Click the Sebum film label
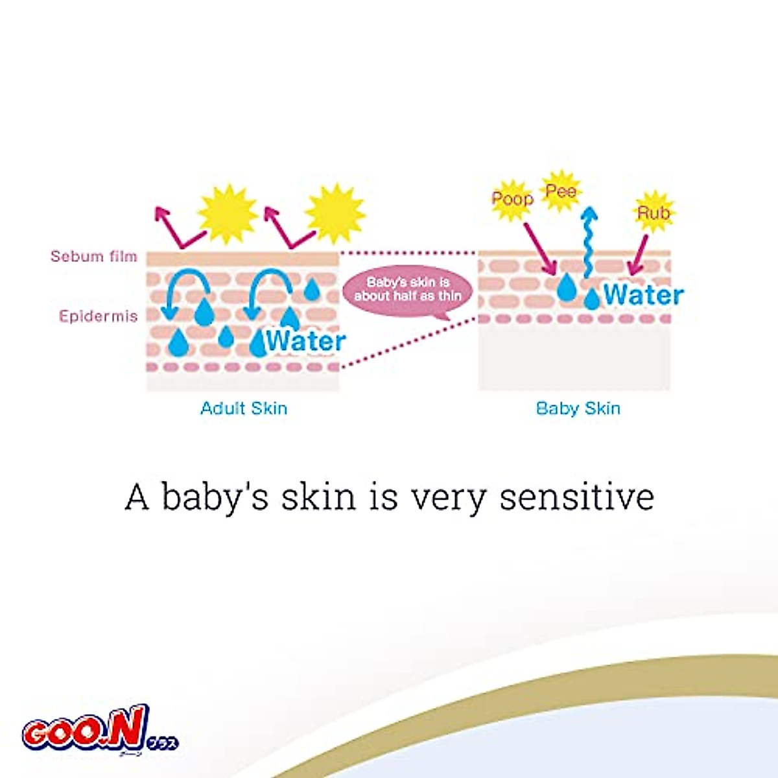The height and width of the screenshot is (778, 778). click(93, 256)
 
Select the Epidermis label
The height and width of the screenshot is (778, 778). click(99, 316)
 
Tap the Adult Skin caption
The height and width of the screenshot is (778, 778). click(244, 408)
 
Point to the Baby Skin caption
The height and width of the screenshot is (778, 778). click(578, 408)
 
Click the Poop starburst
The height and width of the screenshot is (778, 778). click(512, 200)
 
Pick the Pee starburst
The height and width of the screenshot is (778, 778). click(560, 191)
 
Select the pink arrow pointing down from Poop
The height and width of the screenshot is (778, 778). click(541, 249)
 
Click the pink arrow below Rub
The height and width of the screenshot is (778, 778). click(639, 254)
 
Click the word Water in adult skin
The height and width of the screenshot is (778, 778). click(306, 341)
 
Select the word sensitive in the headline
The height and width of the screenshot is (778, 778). click(577, 497)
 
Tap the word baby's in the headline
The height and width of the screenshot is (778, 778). click(215, 499)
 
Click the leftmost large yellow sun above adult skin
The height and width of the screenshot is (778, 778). click(228, 215)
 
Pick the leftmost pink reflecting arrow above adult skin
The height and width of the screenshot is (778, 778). click(180, 228)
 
